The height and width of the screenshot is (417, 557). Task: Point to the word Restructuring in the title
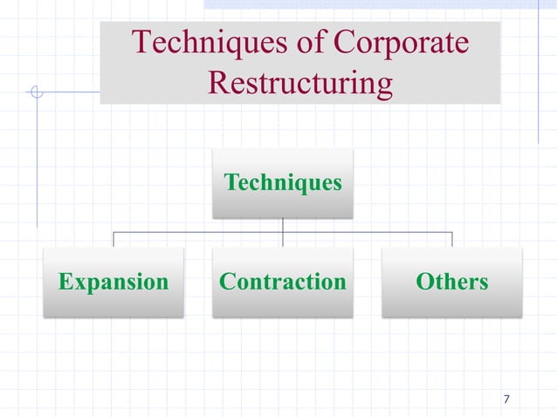[300, 84]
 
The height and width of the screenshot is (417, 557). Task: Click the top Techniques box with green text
[283, 183]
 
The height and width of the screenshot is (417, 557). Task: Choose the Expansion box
[113, 282]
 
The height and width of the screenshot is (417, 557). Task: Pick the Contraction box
[283, 282]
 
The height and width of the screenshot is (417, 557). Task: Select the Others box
[452, 282]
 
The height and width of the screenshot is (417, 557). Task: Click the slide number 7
[507, 400]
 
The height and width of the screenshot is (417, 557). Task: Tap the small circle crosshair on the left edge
[36, 92]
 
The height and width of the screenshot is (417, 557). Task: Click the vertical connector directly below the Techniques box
[283, 225]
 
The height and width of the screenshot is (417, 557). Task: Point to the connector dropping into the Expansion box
[113, 240]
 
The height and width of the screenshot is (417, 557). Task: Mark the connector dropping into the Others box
[452, 240]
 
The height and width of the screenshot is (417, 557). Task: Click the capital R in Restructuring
[219, 84]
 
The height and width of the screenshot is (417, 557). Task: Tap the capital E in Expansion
[65, 282]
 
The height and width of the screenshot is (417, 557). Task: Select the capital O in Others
[425, 282]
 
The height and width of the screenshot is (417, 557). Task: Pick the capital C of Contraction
[226, 282]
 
